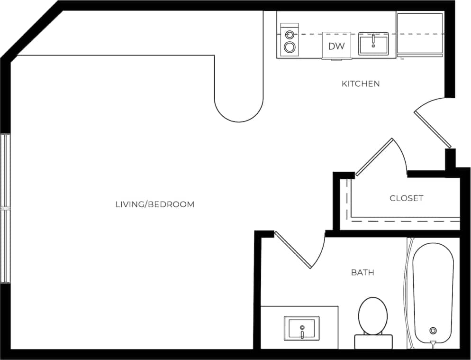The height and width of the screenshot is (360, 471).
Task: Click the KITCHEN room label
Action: (x=361, y=84)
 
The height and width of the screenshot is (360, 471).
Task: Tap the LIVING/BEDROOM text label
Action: (x=155, y=204)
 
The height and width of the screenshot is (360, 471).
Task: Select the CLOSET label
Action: (x=406, y=198)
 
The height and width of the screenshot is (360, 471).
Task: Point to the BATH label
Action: (x=362, y=272)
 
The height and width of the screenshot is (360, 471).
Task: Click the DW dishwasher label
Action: (x=336, y=46)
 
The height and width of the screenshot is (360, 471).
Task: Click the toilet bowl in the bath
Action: (x=373, y=315)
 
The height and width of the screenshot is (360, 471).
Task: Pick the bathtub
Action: (x=433, y=292)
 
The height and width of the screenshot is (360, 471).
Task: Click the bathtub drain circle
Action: (x=433, y=331)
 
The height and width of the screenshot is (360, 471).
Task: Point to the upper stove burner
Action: (x=289, y=35)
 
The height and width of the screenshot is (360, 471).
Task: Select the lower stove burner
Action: (x=290, y=47)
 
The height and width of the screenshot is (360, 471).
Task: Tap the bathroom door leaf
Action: (x=293, y=250)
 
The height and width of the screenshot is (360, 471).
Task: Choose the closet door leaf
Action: (x=374, y=157)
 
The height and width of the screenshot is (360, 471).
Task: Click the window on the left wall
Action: (x=5, y=208)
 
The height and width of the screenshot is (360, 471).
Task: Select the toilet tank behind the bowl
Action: (x=373, y=342)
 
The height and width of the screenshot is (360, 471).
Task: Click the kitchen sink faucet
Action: (x=373, y=39)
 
